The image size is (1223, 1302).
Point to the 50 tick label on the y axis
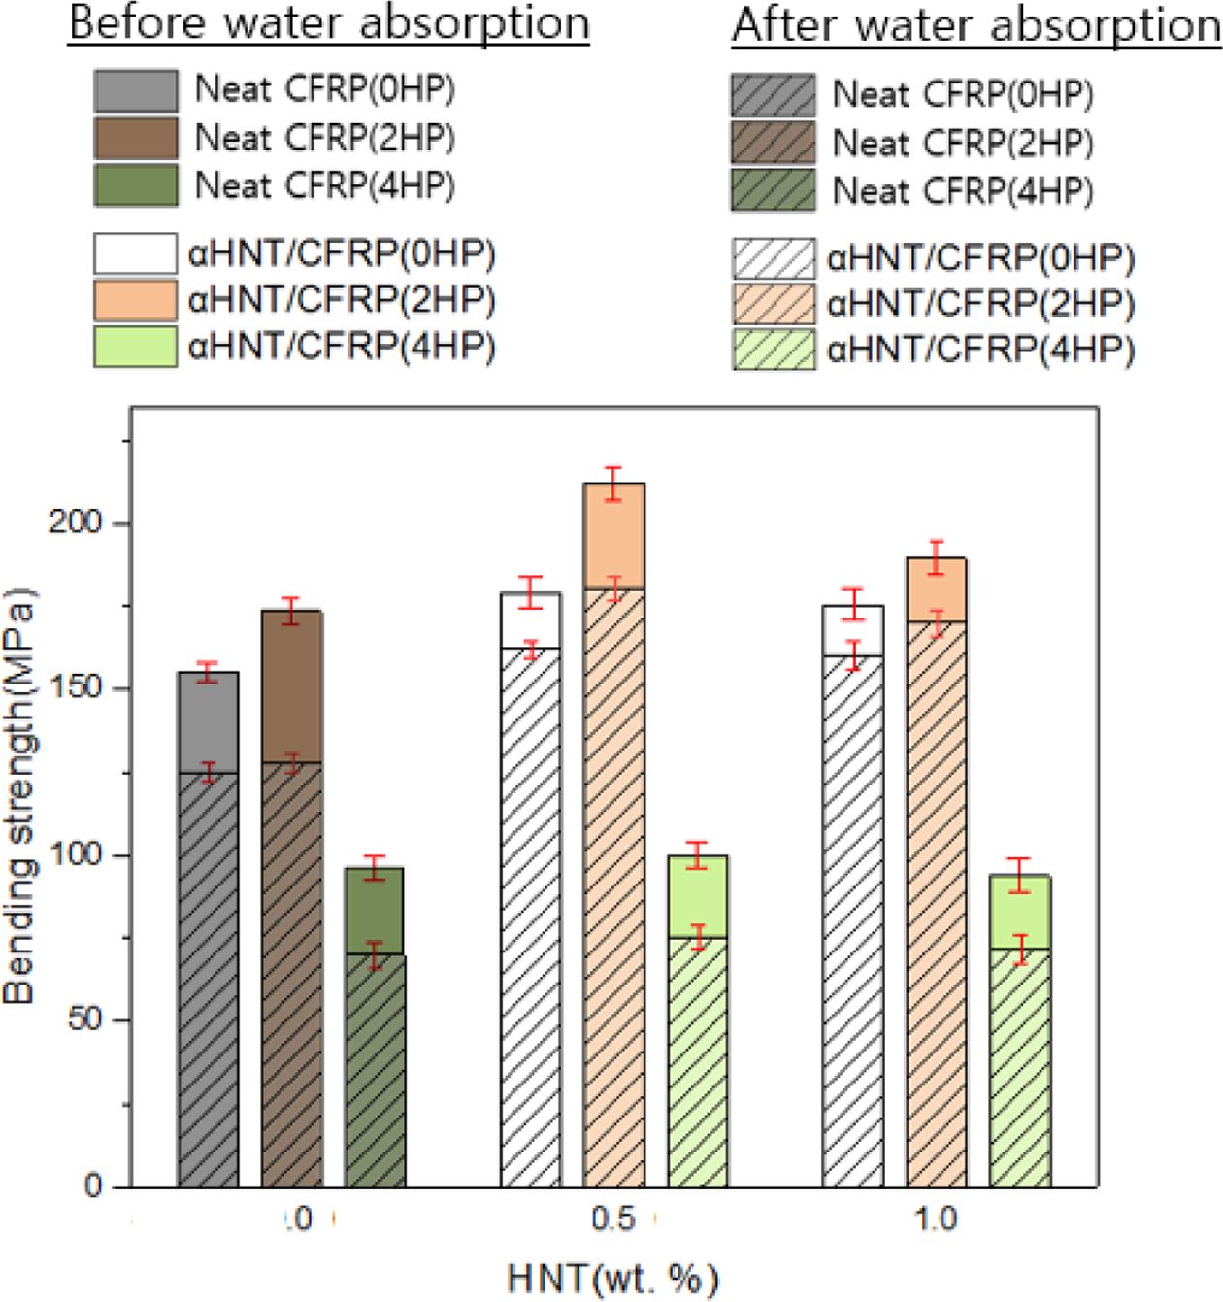pos(95,1021)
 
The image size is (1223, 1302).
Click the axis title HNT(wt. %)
pos(612,1278)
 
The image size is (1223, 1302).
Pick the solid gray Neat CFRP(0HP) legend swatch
pos(136,90)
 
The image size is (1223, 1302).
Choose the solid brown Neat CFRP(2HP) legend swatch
pos(136,138)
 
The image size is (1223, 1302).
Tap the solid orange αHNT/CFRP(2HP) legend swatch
pos(136,301)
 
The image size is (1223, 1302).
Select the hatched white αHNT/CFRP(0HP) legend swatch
pos(773,257)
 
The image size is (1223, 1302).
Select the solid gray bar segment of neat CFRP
pos(208,721)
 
